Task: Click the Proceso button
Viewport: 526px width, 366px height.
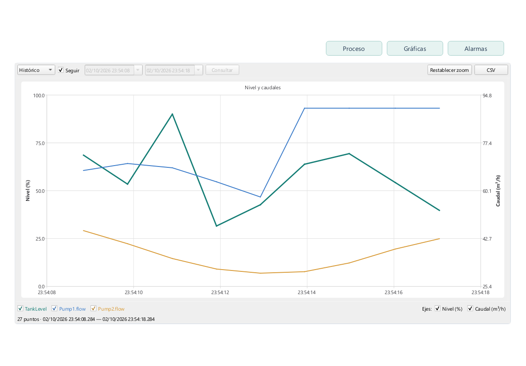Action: [x=354, y=48]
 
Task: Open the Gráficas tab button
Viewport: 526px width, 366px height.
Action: [x=415, y=48]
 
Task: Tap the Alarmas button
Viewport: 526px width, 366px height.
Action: [x=476, y=48]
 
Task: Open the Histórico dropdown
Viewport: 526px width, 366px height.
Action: [x=36, y=70]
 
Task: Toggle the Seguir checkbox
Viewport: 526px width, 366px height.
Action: [x=61, y=70]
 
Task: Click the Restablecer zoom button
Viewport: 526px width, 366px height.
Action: [x=449, y=70]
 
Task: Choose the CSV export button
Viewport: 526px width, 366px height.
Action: [x=491, y=70]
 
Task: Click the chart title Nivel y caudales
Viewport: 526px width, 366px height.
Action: [x=263, y=87]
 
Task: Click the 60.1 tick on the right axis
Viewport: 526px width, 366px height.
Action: [x=487, y=191]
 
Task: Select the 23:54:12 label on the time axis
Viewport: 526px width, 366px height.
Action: [x=220, y=292]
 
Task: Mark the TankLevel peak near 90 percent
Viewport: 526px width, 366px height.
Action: [x=173, y=114]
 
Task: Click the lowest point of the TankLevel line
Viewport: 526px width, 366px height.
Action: [x=217, y=226]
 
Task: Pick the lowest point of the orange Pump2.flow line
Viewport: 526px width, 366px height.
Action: [x=260, y=273]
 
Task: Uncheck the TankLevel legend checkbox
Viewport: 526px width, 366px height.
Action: [x=21, y=308]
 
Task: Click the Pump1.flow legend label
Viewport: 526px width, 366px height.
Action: [x=73, y=309]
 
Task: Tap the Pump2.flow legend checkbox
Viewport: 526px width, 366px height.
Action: [x=94, y=308]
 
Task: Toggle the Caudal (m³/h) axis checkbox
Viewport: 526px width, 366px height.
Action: [x=470, y=308]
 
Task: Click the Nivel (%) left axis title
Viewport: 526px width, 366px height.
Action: [x=28, y=191]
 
